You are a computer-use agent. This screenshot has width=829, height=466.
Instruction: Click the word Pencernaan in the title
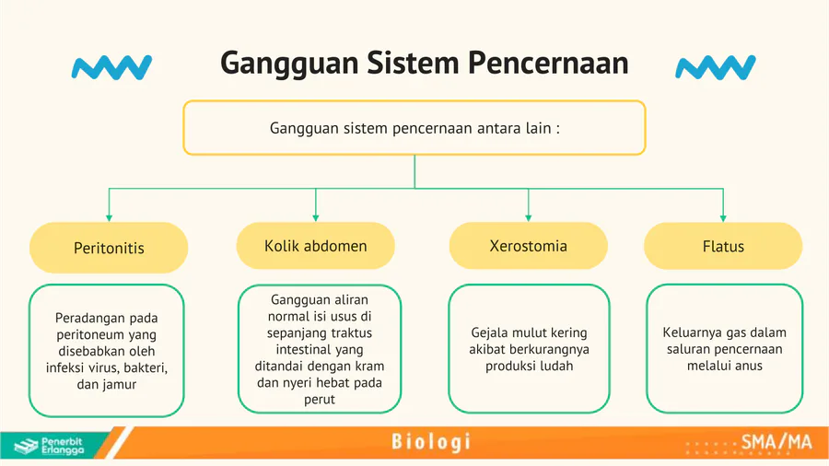point(548,63)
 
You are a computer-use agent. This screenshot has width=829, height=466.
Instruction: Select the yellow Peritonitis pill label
point(109,248)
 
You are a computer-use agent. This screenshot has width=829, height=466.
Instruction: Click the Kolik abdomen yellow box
point(316,246)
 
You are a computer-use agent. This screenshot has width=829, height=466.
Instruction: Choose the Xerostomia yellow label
point(528,246)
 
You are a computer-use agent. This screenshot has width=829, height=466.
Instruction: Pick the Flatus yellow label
point(723,246)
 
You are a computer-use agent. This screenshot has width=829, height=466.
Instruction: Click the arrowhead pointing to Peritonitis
point(109,217)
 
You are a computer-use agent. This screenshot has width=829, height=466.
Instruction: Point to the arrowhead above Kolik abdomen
point(316,217)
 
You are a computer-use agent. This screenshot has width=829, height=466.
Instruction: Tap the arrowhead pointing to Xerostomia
point(528,217)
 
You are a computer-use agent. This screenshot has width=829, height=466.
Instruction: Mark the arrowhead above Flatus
point(723,217)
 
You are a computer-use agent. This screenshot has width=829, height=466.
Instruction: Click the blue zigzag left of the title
point(111,67)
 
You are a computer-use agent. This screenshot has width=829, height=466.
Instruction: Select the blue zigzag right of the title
point(716,67)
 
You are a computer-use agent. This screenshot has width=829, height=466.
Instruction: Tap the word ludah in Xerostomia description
point(558,366)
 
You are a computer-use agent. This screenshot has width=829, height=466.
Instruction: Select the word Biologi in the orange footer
point(431,442)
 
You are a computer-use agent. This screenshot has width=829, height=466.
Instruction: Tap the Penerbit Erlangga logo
point(49,446)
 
